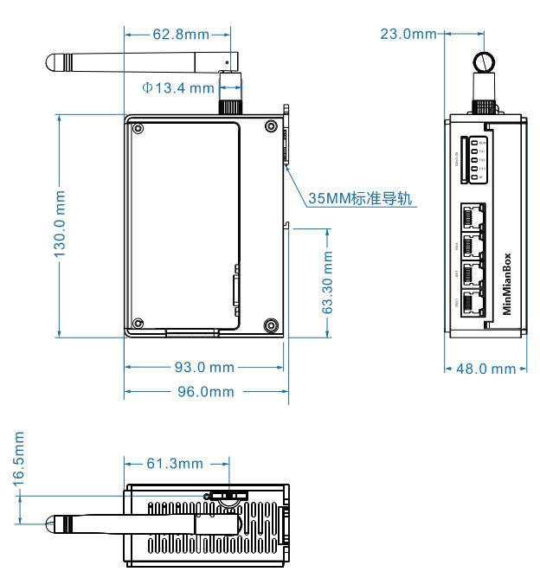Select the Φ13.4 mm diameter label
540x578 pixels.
tap(178, 87)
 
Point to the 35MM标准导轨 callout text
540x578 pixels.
tap(360, 198)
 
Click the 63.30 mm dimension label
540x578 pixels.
tap(328, 282)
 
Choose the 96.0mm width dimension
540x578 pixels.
tap(206, 391)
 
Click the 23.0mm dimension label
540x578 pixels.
tap(408, 34)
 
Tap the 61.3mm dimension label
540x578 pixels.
tap(174, 464)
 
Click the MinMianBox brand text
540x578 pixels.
tap(508, 285)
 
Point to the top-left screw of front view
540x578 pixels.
tap(138, 128)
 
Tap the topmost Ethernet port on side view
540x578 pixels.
tap(472, 215)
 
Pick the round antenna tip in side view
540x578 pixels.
tap(483, 62)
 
